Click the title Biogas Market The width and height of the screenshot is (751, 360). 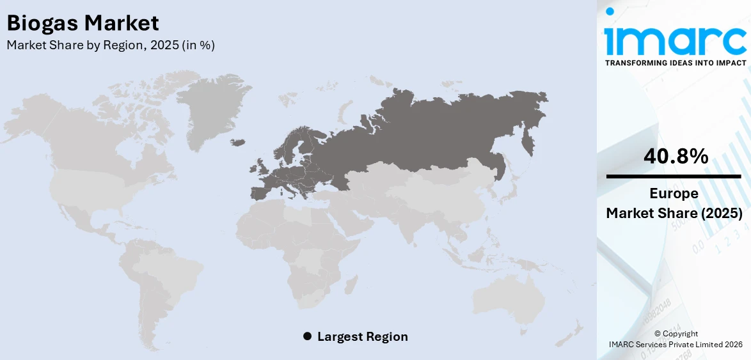83,24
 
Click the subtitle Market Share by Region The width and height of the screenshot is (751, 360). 111,45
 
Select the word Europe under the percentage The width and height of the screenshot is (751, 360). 674,194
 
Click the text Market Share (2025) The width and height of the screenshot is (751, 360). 674,214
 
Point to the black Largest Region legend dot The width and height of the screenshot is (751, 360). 307,336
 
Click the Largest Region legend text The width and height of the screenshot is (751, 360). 362,336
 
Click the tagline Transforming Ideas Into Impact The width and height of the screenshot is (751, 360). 676,63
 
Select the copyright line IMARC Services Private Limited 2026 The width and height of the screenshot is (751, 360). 676,345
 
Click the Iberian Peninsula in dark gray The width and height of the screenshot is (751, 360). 262,192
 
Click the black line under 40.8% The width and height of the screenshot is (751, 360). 674,176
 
